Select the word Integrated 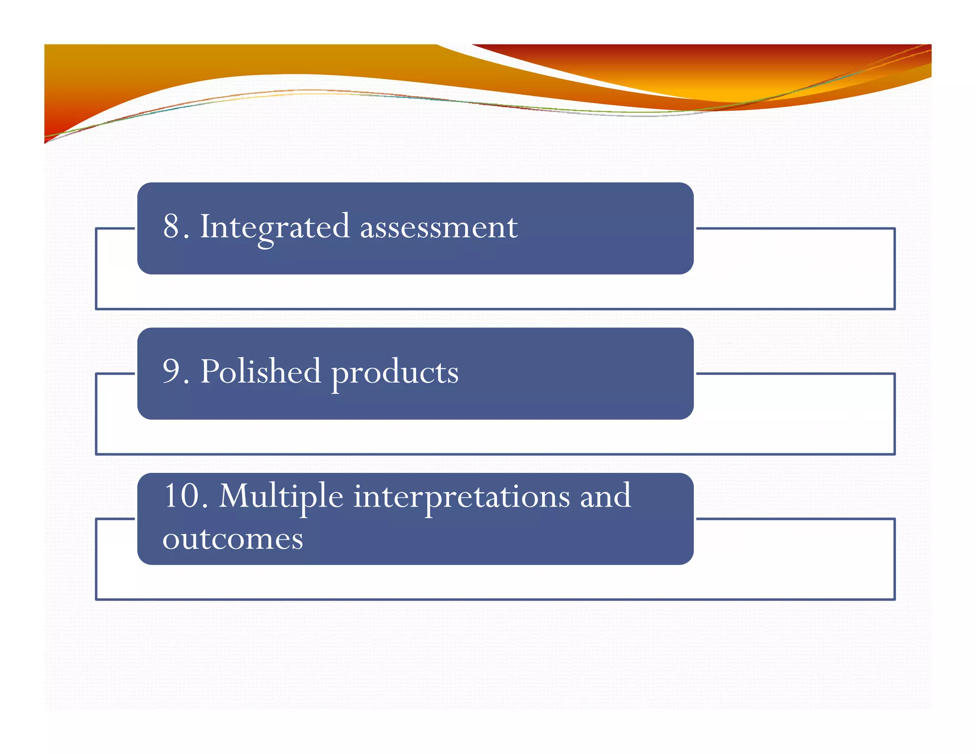click(x=274, y=227)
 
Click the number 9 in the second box click(x=171, y=371)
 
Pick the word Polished click(x=260, y=371)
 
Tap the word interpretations click(x=461, y=497)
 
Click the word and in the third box click(x=605, y=496)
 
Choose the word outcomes click(x=233, y=539)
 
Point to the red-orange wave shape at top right click(x=715, y=71)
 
